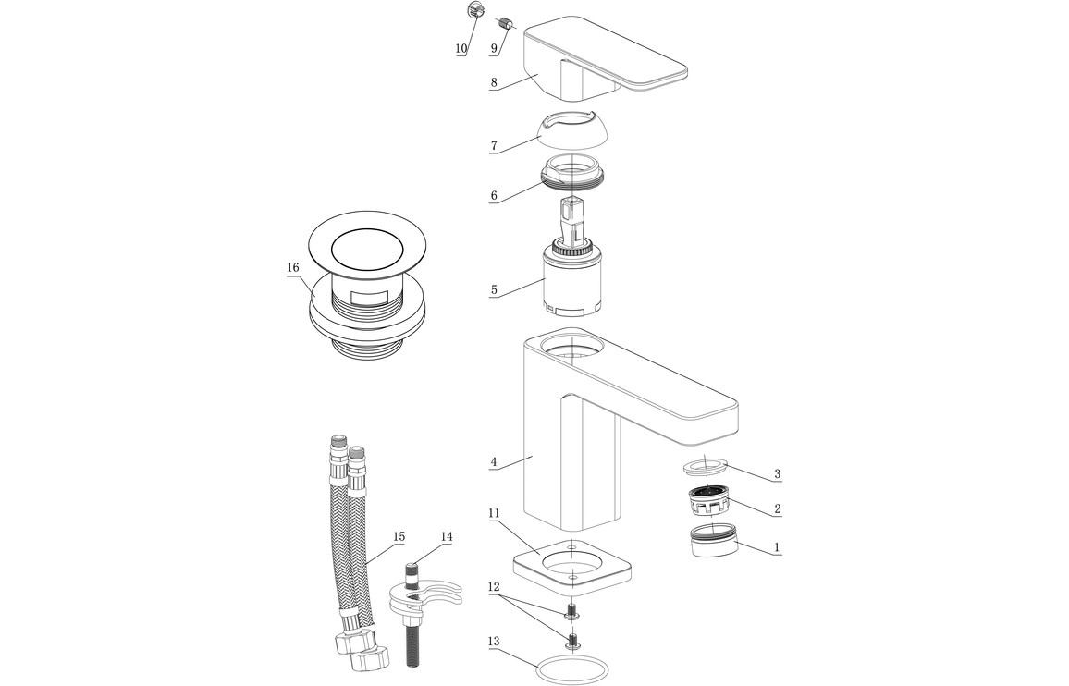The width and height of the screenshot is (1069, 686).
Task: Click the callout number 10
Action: pos(461,49)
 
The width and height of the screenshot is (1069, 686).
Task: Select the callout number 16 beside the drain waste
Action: pos(292,267)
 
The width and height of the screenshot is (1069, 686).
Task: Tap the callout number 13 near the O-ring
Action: pos(493,641)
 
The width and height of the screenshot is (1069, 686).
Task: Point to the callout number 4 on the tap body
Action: pos(494,460)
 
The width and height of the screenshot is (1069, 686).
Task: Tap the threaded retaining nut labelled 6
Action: pos(573,176)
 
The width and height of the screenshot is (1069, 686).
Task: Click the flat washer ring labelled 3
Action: pos(707,465)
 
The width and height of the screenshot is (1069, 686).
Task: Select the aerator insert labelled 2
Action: pos(709,502)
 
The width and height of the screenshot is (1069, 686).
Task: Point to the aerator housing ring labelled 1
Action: pos(715,541)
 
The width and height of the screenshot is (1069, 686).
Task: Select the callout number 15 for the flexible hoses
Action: pos(399,536)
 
